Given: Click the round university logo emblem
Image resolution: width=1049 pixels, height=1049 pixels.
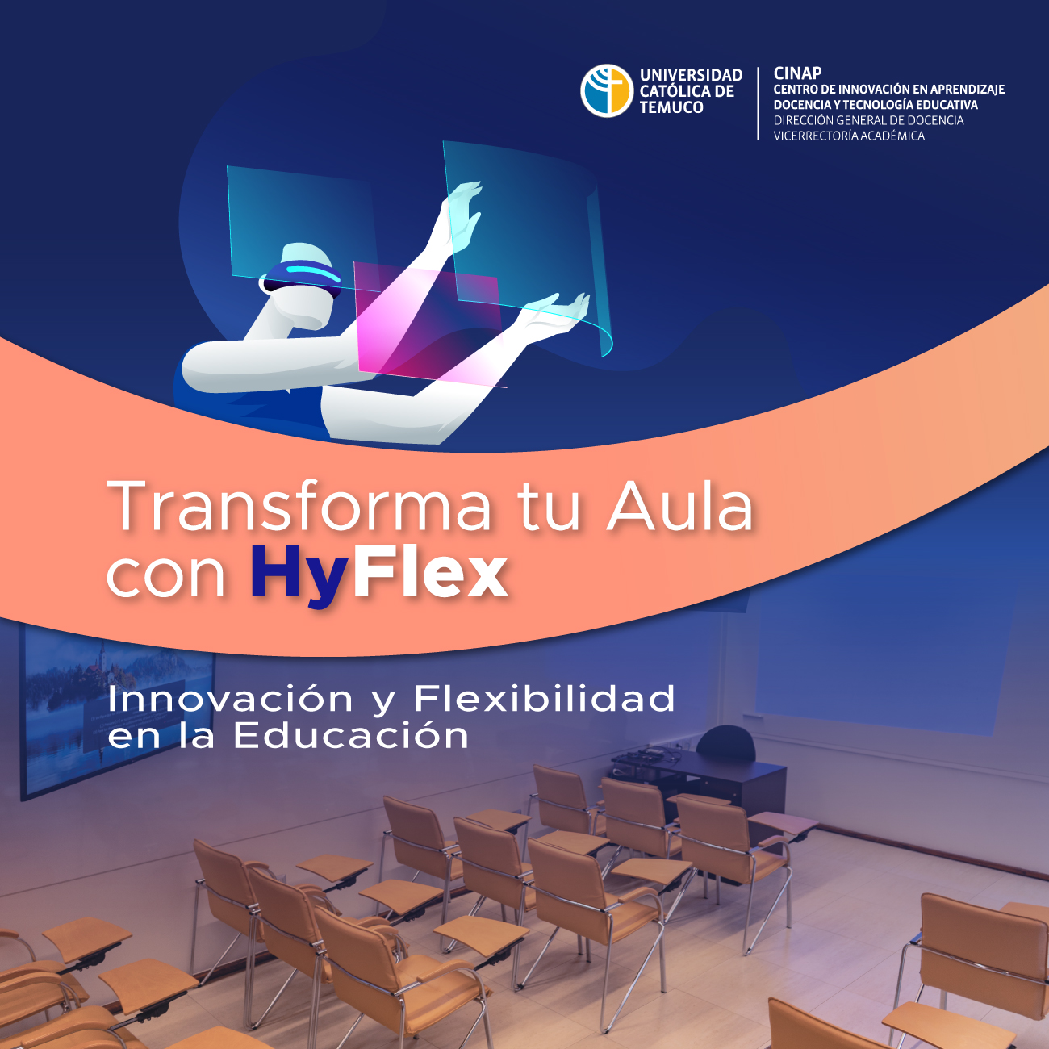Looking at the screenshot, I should [606, 91].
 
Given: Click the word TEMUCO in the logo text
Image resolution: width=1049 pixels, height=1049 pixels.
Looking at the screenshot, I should [671, 107].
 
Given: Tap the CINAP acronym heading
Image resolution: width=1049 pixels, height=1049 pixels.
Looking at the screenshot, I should [797, 73].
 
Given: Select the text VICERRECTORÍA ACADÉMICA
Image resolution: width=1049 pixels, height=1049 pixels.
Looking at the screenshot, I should [849, 136].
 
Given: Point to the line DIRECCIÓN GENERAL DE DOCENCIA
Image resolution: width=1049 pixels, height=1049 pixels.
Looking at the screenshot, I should [868, 120].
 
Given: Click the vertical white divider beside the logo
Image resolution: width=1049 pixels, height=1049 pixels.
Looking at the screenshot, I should [759, 103].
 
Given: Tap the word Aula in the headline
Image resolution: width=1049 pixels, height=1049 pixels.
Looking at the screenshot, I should [679, 507].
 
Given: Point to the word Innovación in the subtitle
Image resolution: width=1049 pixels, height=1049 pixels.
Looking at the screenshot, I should [230, 699].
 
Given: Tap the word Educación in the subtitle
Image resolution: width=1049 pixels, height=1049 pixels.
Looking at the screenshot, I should [351, 735].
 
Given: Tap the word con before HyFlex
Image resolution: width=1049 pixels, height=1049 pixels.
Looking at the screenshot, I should [165, 575].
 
